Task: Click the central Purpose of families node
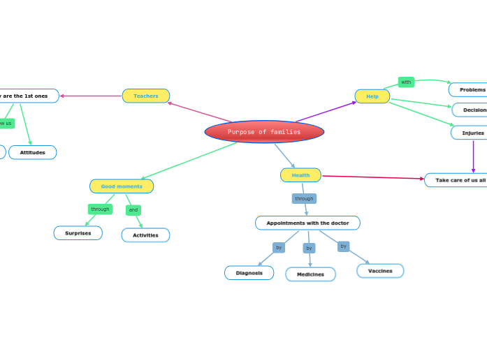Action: coord(264,132)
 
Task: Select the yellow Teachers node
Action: coord(146,96)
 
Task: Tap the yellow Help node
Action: coord(372,96)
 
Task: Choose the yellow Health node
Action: coord(300,175)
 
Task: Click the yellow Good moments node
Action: coord(122,186)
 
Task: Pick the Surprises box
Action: coord(78,233)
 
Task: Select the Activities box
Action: coord(145,235)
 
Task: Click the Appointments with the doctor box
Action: coord(307,223)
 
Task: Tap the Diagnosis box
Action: coord(249,273)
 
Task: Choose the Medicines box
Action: coord(310,274)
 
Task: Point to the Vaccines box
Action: coord(380,271)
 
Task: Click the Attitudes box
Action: coord(33,152)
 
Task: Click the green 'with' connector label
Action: coord(406,82)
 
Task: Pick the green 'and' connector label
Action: coord(133,210)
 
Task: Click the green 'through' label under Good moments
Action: coord(100,209)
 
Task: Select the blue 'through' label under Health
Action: coord(304,199)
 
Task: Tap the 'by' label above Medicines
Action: coord(309,248)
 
